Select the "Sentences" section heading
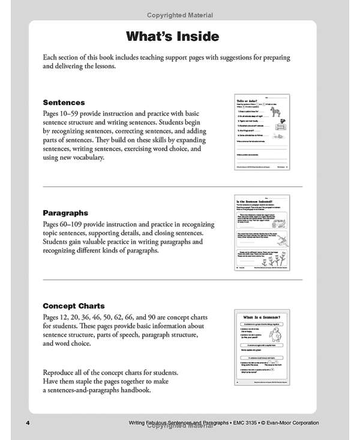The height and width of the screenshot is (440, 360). pyautogui.click(x=64, y=103)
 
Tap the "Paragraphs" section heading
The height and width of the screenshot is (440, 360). pyautogui.click(x=65, y=212)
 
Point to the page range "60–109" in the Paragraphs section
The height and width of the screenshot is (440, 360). pyautogui.click(x=78, y=223)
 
